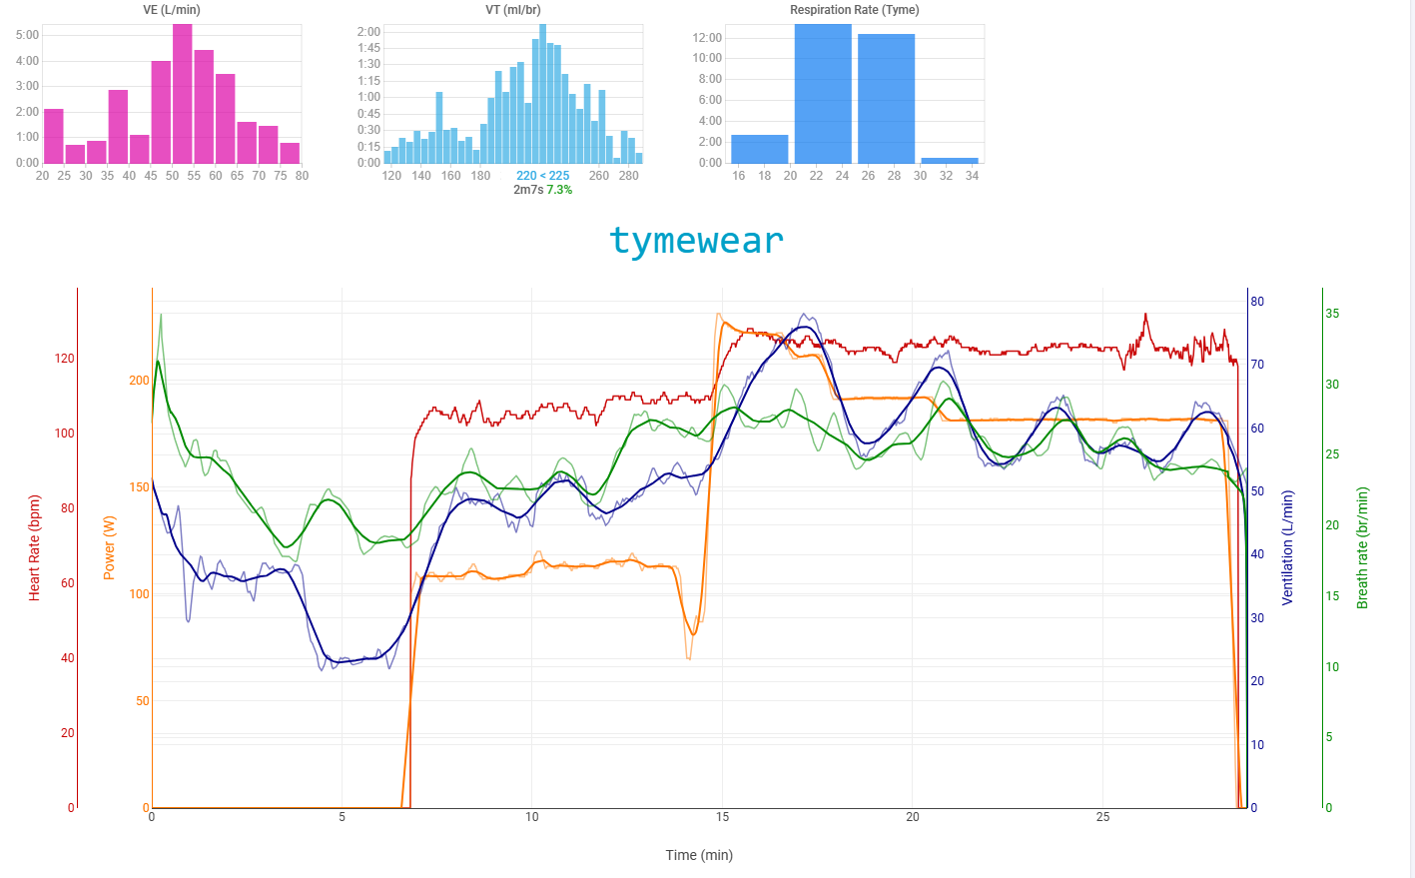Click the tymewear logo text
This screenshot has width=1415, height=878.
(696, 241)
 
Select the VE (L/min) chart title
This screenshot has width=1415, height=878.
(172, 10)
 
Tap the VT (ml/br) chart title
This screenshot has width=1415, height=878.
(513, 10)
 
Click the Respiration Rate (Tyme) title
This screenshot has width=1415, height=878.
(855, 10)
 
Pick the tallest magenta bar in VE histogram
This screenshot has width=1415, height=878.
(182, 94)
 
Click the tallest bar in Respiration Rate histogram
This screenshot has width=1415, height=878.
(823, 94)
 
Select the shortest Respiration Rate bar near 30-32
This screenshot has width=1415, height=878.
(949, 160)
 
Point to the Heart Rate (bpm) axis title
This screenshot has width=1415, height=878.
(35, 547)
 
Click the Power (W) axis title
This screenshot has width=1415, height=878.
(110, 547)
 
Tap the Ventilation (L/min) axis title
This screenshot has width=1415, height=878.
(1287, 547)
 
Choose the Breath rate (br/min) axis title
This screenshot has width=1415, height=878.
(1362, 547)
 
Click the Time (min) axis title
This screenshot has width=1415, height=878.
(699, 855)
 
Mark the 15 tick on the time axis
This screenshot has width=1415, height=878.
(722, 817)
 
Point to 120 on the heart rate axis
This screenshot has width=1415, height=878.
(64, 359)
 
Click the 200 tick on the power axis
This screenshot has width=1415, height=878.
(139, 381)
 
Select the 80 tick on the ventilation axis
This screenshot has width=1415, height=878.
(1257, 302)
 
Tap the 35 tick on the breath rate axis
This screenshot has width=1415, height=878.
(1332, 314)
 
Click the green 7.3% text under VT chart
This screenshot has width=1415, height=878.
(559, 190)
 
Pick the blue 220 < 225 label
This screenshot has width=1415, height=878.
(543, 176)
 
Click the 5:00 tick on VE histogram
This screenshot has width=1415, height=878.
(27, 35)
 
